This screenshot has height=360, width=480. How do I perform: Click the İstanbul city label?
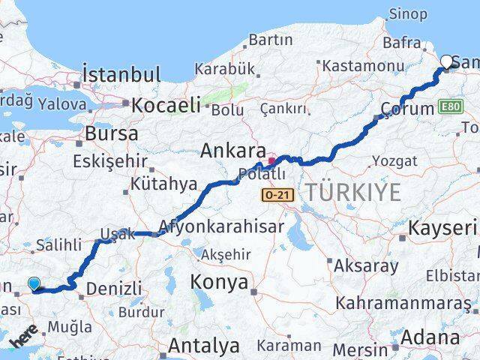click(122, 75)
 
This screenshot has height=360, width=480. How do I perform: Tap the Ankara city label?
click(233, 151)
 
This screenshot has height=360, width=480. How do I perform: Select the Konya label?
click(219, 282)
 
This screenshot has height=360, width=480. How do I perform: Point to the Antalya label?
click(204, 346)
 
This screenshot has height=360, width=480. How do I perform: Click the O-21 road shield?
click(274, 195)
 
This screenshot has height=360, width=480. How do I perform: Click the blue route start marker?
click(34, 283)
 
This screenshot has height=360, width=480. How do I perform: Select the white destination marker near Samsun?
click(448, 62)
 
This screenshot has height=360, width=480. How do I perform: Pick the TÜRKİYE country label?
click(352, 192)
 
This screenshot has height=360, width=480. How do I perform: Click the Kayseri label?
click(443, 228)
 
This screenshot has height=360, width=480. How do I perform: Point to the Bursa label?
click(112, 135)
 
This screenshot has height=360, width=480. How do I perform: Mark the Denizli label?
click(114, 288)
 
